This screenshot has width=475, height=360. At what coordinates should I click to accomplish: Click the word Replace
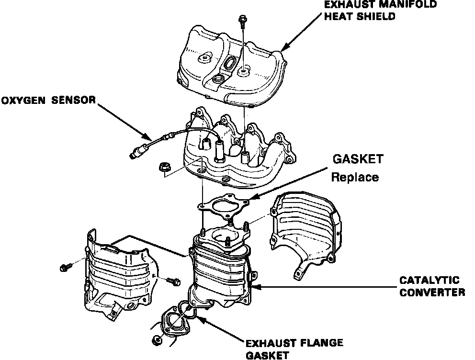pyautogui.click(x=355, y=177)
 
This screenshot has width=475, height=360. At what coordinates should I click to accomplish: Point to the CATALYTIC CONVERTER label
pyautogui.click(x=431, y=286)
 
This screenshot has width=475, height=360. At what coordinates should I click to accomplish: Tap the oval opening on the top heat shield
pyautogui.click(x=230, y=63)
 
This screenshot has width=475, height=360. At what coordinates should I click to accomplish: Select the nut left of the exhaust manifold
pyautogui.click(x=163, y=167)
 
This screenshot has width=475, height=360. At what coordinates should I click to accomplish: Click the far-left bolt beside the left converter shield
pyautogui.click(x=64, y=267)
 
